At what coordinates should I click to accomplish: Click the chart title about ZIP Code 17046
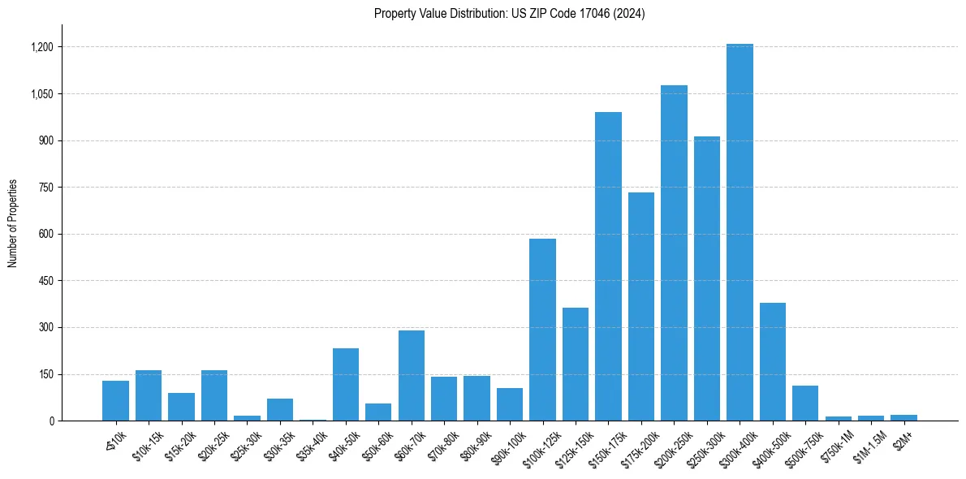click(x=509, y=14)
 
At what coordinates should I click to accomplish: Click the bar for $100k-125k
click(x=542, y=330)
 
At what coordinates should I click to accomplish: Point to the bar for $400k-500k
click(x=772, y=362)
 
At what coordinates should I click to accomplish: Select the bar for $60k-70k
click(x=412, y=375)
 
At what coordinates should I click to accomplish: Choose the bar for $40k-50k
click(x=346, y=384)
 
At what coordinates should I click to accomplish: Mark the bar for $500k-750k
click(x=805, y=403)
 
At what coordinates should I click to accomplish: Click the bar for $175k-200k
click(x=640, y=306)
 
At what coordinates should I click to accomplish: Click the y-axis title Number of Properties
click(x=13, y=222)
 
